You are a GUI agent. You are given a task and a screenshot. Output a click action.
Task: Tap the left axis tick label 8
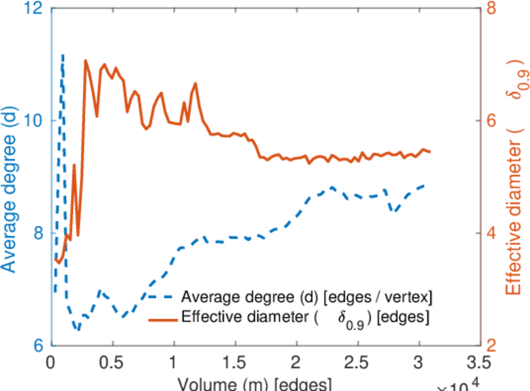point(38,233)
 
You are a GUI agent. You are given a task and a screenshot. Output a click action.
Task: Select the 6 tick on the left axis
point(38,345)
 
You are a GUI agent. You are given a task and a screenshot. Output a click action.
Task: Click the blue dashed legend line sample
point(161,298)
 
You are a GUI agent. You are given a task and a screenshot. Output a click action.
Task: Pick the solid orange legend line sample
point(161,319)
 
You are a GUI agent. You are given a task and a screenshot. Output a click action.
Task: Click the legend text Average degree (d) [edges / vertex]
point(307,298)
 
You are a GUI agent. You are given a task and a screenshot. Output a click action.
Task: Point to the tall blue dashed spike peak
point(63,56)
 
